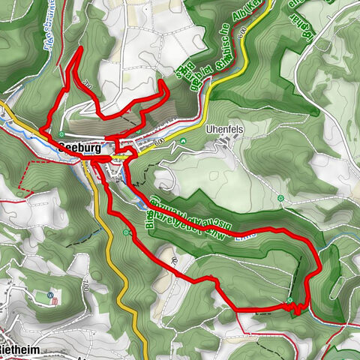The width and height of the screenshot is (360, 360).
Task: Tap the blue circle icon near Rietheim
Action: coord(49,294)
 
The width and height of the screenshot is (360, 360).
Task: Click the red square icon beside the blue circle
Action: coord(55,301)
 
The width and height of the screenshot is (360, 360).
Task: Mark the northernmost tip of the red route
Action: coord(79,48)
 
